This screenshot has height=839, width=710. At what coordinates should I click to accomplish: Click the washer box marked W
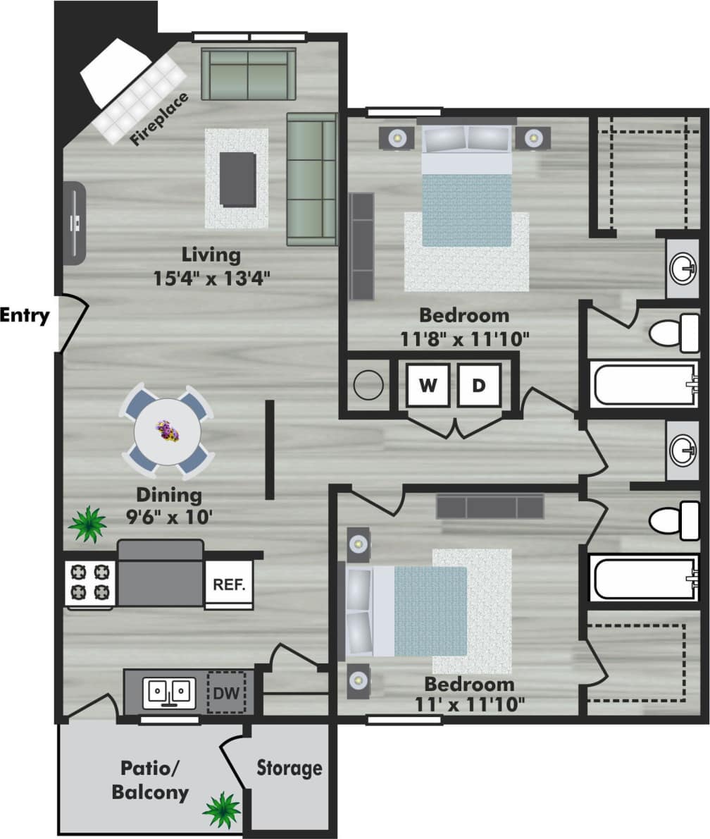pos(427,385)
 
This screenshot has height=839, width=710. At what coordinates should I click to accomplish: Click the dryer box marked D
pos(479,385)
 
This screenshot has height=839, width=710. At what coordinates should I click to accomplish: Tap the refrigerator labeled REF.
pos(229,584)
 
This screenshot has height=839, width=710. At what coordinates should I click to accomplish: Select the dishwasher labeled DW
pos(225,692)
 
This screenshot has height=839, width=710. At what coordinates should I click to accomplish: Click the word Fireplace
pos(160,119)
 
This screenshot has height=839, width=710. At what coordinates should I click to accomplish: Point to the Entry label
pos(25,315)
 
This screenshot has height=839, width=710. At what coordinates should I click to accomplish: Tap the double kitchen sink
pos(169,692)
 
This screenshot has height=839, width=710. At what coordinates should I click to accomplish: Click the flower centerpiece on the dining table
pos(168,430)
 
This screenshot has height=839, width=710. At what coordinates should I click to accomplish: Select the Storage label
pos(289,767)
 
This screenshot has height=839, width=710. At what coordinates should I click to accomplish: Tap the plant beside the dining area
pos(88,524)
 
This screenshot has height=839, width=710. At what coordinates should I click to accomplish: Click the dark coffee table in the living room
pos(237,179)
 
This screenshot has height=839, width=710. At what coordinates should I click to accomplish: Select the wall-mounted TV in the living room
pos(75,223)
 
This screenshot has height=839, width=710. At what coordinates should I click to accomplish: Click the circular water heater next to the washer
pos(368,386)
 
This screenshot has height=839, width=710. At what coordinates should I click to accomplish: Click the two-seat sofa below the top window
pos(248,74)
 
